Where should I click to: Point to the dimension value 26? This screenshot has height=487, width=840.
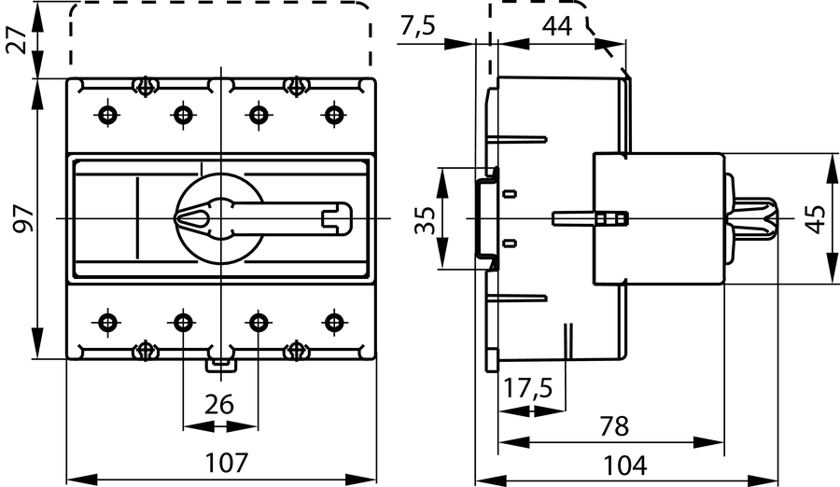coord(218,405)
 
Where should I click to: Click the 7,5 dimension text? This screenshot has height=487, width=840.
coord(417,26)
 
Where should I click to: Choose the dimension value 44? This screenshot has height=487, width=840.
coord(557,26)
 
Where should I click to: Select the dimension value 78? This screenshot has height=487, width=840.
coord(613,426)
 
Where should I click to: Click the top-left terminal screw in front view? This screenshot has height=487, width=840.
coord(108,115)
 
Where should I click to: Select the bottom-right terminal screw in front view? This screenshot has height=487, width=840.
coord(333,323)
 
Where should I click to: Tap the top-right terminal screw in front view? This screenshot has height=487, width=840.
coord(333,115)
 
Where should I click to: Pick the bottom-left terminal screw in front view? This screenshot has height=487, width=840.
coord(108,323)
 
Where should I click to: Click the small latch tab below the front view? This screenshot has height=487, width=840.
coord(219,362)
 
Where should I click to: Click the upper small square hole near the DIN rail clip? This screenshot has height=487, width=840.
coord(510,194)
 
